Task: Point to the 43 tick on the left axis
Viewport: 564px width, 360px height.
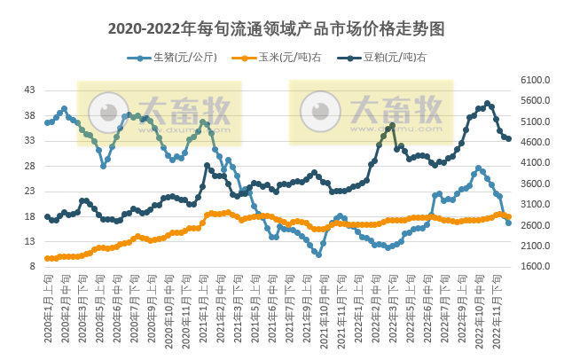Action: click(x=29, y=90)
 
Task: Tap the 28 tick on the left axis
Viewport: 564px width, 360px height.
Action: click(x=29, y=166)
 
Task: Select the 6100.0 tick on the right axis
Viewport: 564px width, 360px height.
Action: click(x=536, y=80)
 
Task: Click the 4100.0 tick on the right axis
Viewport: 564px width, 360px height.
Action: click(x=536, y=163)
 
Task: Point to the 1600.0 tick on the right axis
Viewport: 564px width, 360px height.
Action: click(x=536, y=266)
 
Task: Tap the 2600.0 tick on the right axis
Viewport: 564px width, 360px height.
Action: click(x=536, y=225)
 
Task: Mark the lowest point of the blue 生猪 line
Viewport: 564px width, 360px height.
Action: click(x=318, y=254)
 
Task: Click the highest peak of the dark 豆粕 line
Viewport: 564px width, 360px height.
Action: click(x=487, y=104)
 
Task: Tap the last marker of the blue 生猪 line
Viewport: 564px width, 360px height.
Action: click(x=508, y=223)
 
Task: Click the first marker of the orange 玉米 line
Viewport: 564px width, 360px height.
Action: click(x=47, y=258)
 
